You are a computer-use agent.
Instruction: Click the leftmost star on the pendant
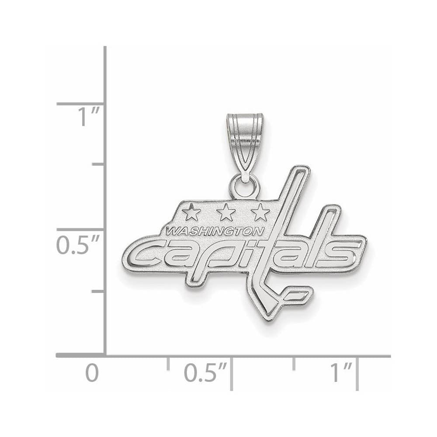point(191,213)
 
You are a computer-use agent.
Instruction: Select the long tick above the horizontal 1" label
point(357,371)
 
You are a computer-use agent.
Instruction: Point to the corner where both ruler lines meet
point(105,356)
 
